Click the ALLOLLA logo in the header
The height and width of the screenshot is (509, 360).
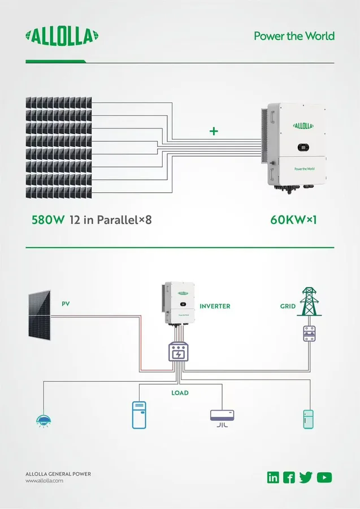coord(62,36)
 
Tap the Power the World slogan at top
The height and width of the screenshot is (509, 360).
coord(294,36)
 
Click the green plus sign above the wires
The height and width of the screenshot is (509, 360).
coord(214,131)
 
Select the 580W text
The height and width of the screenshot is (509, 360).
coord(48,220)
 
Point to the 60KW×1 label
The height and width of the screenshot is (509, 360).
coord(293,220)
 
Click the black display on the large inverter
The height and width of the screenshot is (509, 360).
coord(303,148)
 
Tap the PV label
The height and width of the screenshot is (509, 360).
coord(66,304)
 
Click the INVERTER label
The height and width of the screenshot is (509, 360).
coord(215,306)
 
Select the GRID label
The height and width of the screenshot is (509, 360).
coord(288,306)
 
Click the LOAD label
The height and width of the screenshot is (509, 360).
coord(180,393)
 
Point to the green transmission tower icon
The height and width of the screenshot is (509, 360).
coord(309,301)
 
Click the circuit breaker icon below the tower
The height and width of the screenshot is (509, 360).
coord(309,334)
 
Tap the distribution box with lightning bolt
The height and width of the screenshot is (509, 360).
coord(179,352)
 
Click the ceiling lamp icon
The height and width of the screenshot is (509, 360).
coord(44,421)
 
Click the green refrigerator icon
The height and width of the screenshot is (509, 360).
coord(308,420)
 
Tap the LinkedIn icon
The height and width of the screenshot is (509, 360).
coord(273,477)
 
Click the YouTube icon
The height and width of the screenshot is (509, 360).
coord(324,477)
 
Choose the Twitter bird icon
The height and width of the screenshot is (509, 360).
coord(306,477)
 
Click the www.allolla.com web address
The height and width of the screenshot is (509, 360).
coord(45,481)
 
